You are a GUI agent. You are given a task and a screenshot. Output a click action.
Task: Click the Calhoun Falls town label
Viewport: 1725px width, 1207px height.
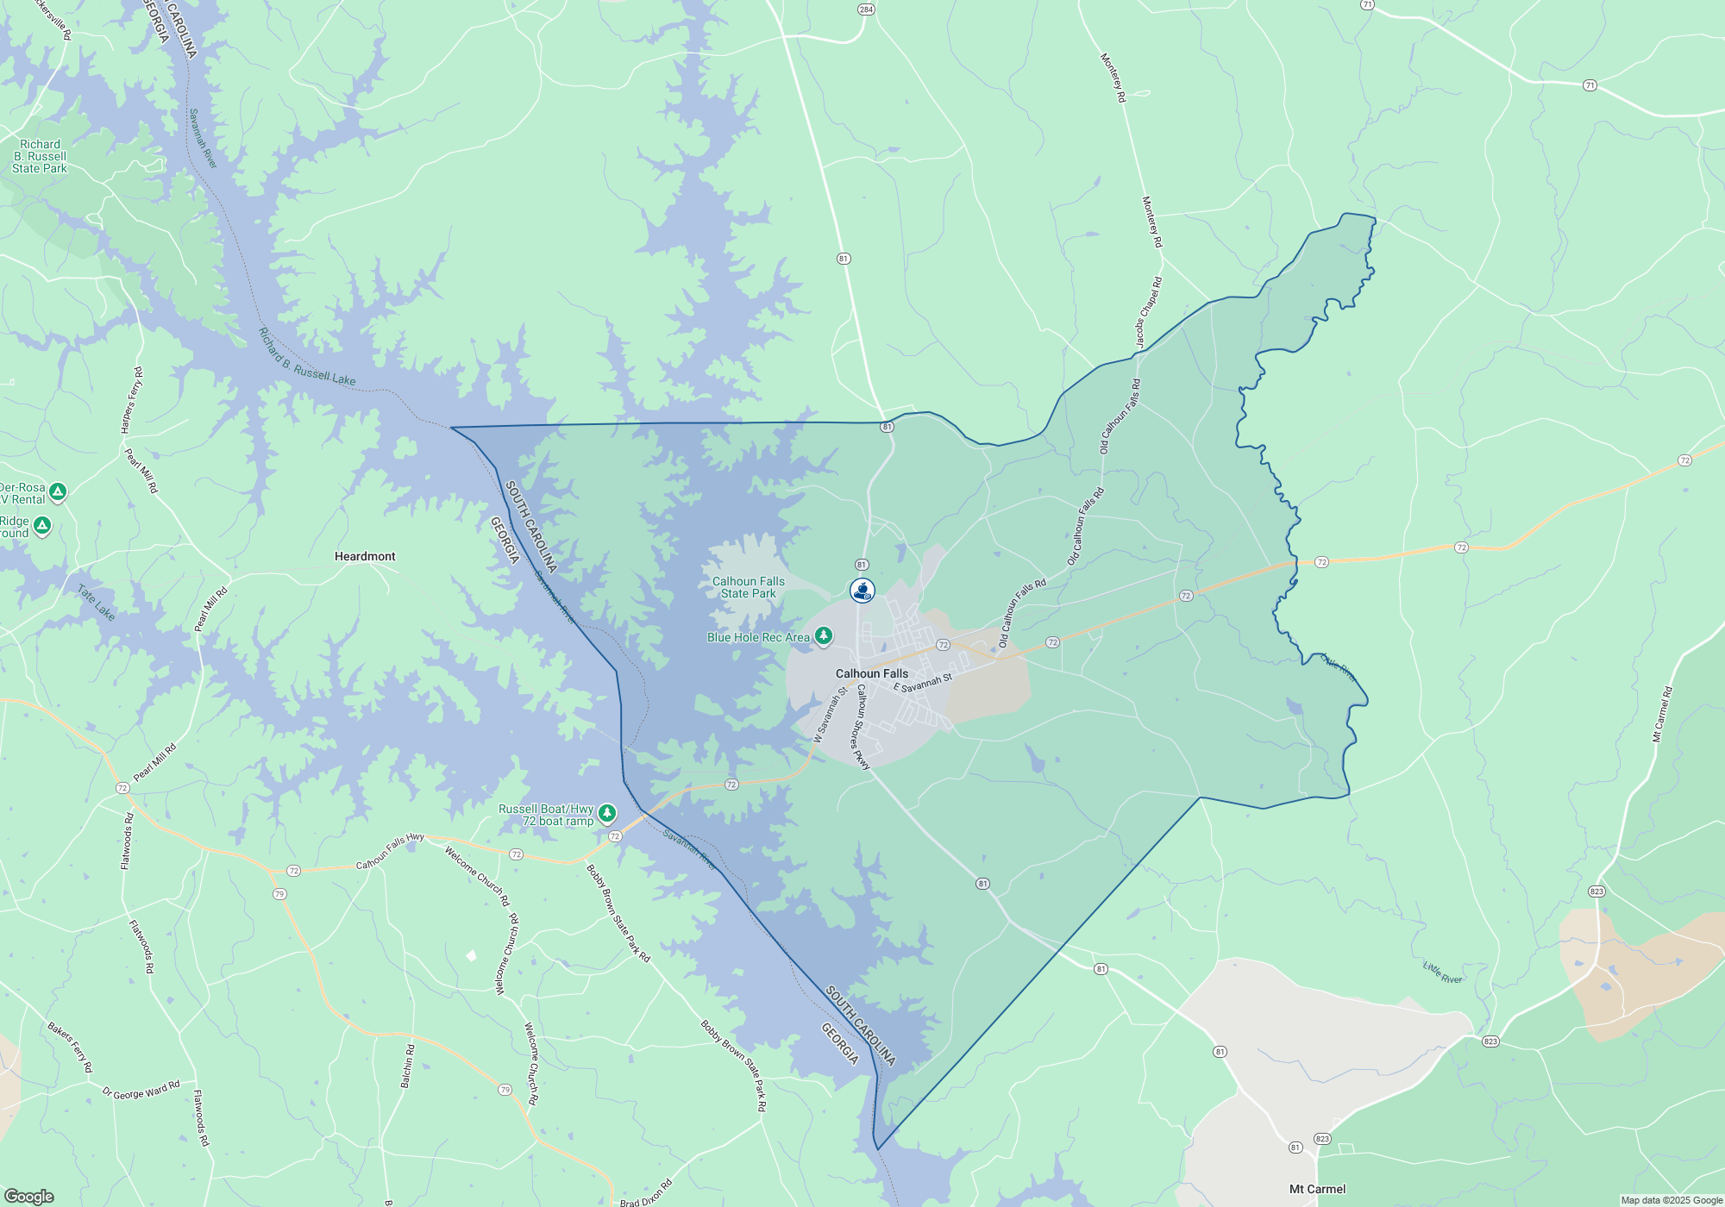871,673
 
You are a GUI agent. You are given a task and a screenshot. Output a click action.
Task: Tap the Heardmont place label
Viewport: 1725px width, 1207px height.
365,556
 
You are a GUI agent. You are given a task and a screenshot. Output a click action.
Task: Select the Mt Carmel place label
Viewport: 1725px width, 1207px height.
1317,1189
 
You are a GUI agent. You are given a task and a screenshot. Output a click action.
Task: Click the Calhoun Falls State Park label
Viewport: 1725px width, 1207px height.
749,587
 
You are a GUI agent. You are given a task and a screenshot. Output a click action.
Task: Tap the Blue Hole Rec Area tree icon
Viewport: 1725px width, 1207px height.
824,636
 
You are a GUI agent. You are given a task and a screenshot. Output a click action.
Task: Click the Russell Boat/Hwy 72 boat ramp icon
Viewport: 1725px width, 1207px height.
607,813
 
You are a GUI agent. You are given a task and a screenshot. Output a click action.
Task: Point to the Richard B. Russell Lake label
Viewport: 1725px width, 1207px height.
307,357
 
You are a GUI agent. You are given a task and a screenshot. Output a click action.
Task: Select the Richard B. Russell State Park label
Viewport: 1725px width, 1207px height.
40,156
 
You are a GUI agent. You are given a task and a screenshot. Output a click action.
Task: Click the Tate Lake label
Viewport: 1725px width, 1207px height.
96,602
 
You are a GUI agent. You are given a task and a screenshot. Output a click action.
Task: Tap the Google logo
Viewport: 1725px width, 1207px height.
28,1196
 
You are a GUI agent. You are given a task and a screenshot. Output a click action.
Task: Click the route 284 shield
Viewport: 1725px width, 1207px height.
866,9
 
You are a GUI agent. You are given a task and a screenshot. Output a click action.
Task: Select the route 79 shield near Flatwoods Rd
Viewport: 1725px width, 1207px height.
279,894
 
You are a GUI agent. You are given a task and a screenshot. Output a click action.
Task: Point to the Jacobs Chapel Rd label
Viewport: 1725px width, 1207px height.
1148,313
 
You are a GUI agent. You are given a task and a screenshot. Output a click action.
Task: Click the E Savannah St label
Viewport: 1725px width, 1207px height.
923,683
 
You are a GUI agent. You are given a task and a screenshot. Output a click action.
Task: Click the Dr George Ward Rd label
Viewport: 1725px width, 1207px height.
141,1090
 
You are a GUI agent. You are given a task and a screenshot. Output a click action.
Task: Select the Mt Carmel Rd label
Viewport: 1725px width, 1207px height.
1662,714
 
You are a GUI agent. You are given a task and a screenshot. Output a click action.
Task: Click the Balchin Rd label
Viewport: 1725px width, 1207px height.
407,1066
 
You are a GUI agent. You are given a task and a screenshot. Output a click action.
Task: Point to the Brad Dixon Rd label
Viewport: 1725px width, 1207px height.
646,1194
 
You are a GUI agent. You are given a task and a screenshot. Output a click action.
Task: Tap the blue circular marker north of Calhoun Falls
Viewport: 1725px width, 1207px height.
862,591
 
